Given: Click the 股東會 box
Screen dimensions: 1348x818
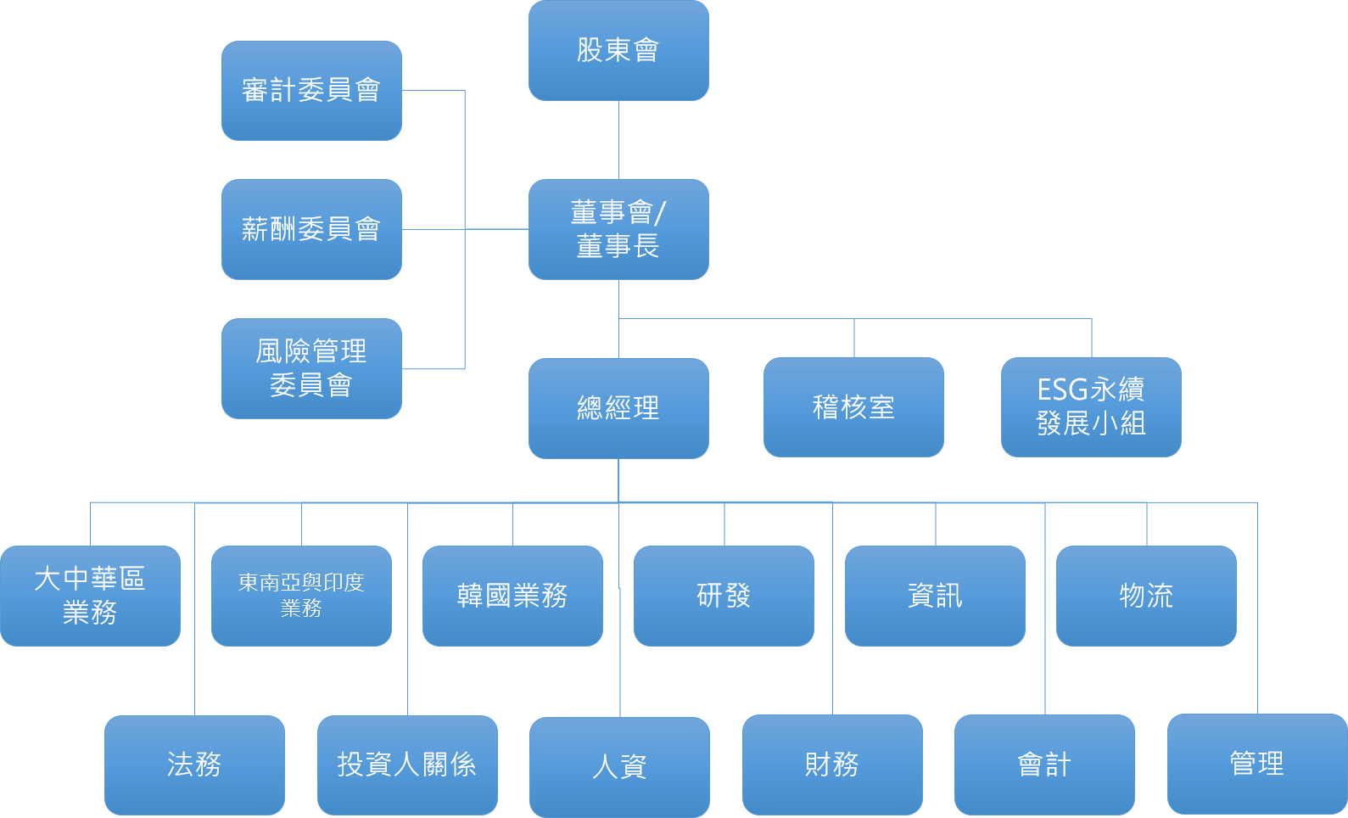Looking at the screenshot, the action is [x=618, y=50].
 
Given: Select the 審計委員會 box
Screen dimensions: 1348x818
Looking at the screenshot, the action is [x=311, y=90].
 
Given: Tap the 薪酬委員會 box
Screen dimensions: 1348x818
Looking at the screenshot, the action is [x=311, y=229].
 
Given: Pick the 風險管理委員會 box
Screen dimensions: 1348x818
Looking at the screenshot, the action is [x=311, y=368].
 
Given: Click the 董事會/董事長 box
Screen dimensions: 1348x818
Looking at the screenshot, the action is [x=618, y=229].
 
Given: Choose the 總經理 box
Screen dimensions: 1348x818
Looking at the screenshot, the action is [x=618, y=408].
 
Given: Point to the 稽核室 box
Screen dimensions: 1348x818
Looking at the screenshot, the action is [x=853, y=407].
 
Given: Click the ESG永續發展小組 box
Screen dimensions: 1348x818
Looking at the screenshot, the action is [x=1091, y=407].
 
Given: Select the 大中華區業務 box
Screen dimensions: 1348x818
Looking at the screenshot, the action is [x=90, y=596].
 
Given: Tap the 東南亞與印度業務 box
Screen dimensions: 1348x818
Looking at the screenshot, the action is [x=301, y=596].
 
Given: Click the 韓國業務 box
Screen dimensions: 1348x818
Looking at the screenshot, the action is [x=512, y=596].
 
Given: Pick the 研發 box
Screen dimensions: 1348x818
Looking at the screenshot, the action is [x=724, y=596].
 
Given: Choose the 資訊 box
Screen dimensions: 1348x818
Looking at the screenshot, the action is [x=935, y=596].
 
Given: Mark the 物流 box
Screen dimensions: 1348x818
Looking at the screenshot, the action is [x=1146, y=596].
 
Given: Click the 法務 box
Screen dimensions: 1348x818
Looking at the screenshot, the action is [x=194, y=765].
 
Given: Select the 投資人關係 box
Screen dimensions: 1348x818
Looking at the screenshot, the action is [x=407, y=765].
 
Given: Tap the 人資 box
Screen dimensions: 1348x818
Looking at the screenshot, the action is [x=620, y=767].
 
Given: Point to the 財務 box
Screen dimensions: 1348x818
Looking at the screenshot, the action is [x=832, y=765].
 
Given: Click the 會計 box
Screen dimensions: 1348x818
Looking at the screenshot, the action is [x=1044, y=765].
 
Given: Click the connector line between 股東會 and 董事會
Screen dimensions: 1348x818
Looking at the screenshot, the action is [x=618, y=140].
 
